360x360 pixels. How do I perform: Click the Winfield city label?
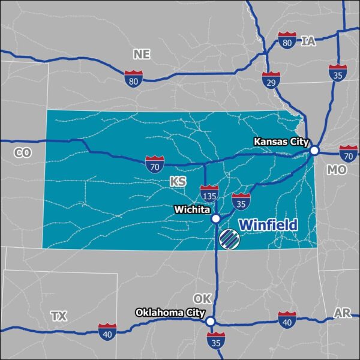[x=268, y=225]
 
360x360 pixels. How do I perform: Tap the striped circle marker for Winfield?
[x=229, y=239]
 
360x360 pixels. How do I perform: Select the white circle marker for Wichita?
[x=215, y=219]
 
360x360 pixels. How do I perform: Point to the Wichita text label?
[x=191, y=211]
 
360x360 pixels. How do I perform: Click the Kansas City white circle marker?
[x=314, y=151]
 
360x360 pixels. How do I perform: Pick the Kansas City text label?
[x=281, y=142]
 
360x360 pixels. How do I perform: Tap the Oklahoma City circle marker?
[x=210, y=322]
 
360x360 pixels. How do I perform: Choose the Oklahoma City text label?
[x=170, y=313]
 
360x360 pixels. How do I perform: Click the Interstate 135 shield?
[x=209, y=193]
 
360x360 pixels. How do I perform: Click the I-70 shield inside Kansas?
[x=154, y=163]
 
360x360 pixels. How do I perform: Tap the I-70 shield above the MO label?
[x=348, y=153]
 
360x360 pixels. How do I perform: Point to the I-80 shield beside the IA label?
[x=287, y=41]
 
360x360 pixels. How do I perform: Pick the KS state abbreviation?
[x=176, y=181]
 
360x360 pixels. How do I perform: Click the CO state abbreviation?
[x=22, y=153]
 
